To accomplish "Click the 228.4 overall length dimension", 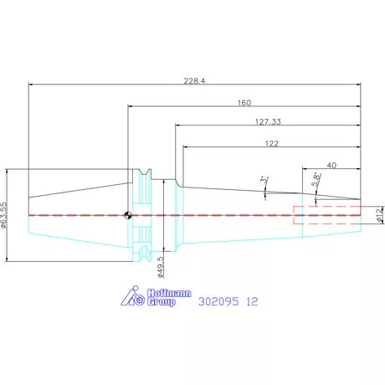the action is point(194,81).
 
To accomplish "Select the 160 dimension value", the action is point(244,103).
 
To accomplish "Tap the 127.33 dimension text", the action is point(268,121).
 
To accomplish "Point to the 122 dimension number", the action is point(272,143).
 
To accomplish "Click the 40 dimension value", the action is point(331,165).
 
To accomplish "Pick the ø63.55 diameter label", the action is point(3,215).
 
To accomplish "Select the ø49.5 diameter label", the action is point(161,267).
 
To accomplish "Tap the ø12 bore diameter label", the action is point(380,215).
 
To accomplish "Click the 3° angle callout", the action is point(264,179).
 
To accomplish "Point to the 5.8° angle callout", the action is point(316,180).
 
